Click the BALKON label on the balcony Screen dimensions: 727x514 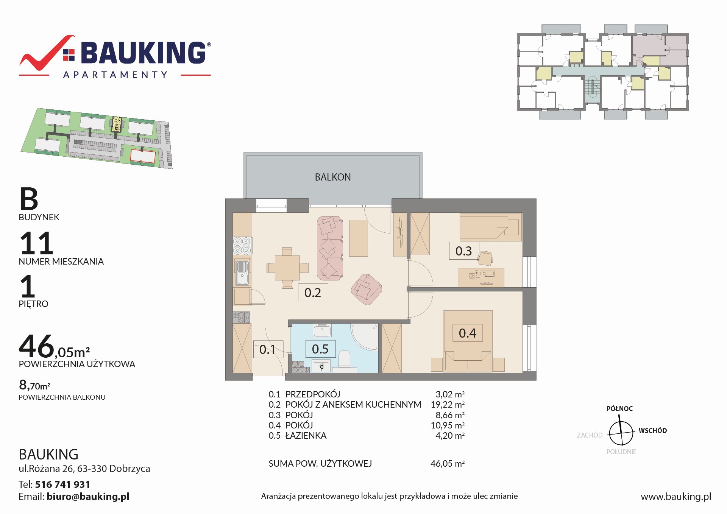333,177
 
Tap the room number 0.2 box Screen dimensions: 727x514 313,292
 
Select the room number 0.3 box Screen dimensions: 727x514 464,251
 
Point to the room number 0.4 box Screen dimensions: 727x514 468,333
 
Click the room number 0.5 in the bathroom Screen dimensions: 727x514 320,349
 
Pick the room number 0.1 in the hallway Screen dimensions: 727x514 268,349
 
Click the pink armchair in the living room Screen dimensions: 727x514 366,289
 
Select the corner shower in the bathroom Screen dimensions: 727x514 364,336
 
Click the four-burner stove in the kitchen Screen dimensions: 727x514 242,245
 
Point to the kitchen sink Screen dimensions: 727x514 242,273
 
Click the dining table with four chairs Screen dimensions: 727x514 287,268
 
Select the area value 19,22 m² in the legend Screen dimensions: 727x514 448,405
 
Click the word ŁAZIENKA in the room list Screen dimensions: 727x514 306,435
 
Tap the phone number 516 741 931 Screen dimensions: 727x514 62,484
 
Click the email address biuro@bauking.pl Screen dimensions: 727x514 88,497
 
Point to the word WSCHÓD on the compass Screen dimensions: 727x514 653,430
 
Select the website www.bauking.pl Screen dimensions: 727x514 676,497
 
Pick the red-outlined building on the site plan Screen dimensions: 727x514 143,156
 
